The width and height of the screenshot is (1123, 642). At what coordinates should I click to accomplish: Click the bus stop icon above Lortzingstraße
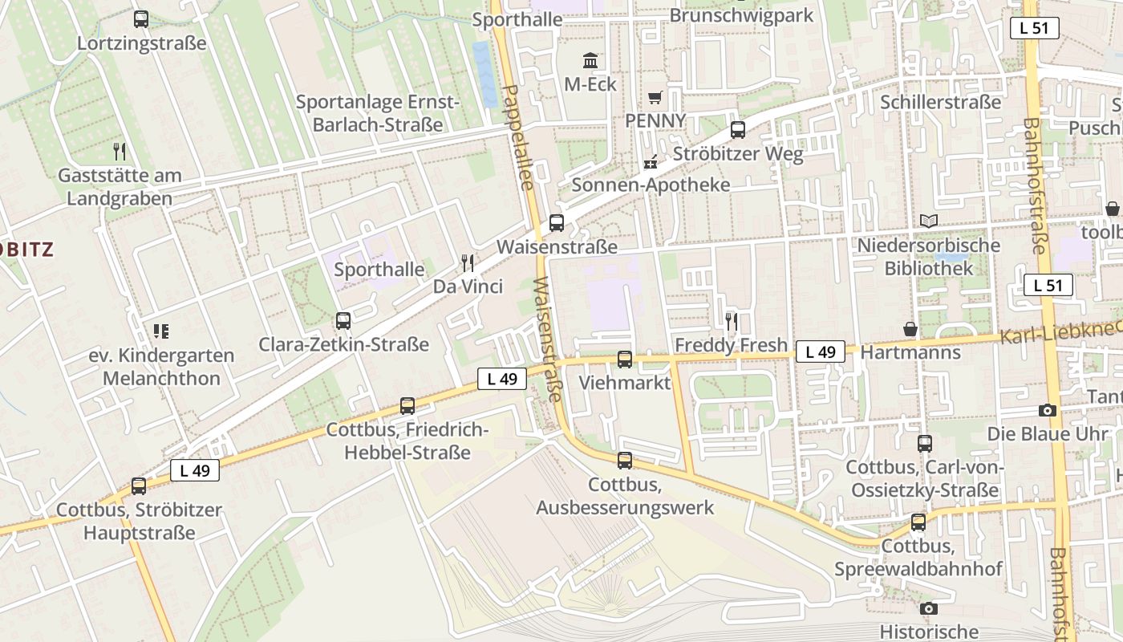[141, 19]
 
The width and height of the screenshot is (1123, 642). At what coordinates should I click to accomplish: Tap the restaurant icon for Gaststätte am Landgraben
[120, 151]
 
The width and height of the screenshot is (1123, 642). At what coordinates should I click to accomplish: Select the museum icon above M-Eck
[590, 60]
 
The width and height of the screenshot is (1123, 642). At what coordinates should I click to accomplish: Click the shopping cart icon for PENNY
[655, 97]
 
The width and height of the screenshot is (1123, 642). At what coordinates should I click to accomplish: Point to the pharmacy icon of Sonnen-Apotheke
[651, 162]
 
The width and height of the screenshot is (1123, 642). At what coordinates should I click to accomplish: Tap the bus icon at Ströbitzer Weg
[738, 130]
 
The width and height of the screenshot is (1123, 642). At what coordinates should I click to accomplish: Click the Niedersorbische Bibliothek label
[929, 257]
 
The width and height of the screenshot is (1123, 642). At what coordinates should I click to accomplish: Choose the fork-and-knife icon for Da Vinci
[468, 262]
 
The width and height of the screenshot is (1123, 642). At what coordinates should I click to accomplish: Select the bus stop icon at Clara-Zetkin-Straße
[343, 321]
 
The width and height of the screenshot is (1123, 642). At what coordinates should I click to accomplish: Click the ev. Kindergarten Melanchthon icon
[161, 331]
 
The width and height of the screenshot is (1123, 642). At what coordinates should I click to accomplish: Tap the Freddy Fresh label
[732, 345]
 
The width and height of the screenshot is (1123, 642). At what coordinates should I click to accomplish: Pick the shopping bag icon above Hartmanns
[910, 329]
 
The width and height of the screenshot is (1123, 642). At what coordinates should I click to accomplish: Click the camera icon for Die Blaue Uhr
[1048, 411]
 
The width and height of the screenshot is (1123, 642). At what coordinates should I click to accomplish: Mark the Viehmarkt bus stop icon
[625, 360]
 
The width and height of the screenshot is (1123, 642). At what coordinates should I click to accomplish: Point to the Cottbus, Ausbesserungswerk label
[625, 496]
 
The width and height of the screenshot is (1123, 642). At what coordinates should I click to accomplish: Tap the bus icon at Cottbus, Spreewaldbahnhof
[918, 523]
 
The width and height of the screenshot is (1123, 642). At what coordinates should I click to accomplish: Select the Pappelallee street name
[516, 136]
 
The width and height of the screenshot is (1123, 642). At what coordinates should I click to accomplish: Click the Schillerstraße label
[940, 102]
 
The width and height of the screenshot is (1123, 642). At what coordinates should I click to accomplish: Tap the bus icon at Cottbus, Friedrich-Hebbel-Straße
[407, 406]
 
